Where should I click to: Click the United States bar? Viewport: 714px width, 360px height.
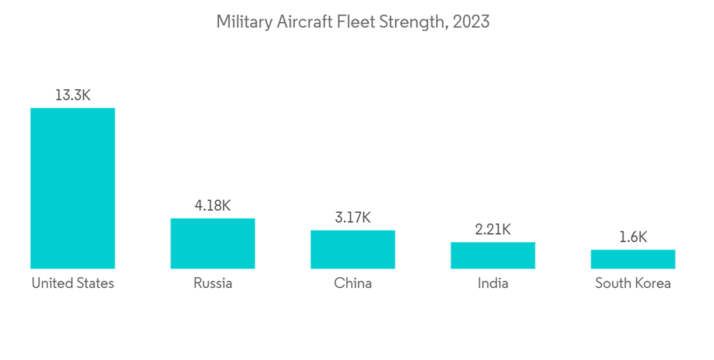[x=72, y=188]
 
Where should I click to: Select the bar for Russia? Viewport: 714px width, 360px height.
[x=213, y=244]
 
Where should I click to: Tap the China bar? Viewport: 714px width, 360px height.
[x=353, y=249]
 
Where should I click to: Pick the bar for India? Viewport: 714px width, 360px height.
[x=493, y=255]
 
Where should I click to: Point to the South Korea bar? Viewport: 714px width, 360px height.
[x=633, y=259]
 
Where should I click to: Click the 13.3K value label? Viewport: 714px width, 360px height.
[x=72, y=95]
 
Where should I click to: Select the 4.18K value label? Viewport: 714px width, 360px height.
[x=213, y=206]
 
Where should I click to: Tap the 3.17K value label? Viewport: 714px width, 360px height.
[x=353, y=218]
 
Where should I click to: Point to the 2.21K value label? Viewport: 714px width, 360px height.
[x=493, y=229]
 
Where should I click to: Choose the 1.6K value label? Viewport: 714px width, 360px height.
[x=633, y=237]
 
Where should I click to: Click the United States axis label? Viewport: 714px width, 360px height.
[x=72, y=284]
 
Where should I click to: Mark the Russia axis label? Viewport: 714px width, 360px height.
[x=213, y=284]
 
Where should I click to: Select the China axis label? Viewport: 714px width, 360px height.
[x=353, y=284]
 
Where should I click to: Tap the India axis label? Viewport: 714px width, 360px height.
[x=493, y=284]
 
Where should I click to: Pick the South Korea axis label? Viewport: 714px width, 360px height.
[x=633, y=284]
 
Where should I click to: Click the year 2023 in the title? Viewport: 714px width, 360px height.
[x=471, y=22]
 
